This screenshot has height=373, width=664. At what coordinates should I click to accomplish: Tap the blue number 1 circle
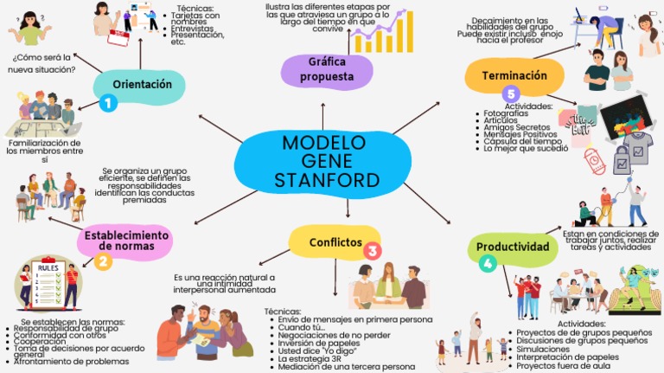pos(108,103)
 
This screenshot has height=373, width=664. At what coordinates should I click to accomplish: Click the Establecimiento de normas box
pos(126,240)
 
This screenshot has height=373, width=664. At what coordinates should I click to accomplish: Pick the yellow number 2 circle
pos(103,260)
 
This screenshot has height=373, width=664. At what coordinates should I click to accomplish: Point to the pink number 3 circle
pos(372,251)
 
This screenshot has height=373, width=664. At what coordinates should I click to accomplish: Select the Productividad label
pos(513,247)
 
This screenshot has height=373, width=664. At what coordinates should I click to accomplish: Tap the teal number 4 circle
pos(488,264)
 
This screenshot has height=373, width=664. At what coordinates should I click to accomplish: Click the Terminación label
pos(514,75)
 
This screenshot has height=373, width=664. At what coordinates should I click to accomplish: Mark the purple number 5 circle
pos(511,93)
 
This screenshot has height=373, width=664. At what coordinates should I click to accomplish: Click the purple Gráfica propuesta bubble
pos(327,69)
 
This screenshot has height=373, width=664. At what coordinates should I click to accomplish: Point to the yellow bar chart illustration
pos(384,33)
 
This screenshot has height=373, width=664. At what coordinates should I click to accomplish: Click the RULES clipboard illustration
pos(48,283)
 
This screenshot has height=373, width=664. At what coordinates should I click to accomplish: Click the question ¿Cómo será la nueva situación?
pos(43,63)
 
